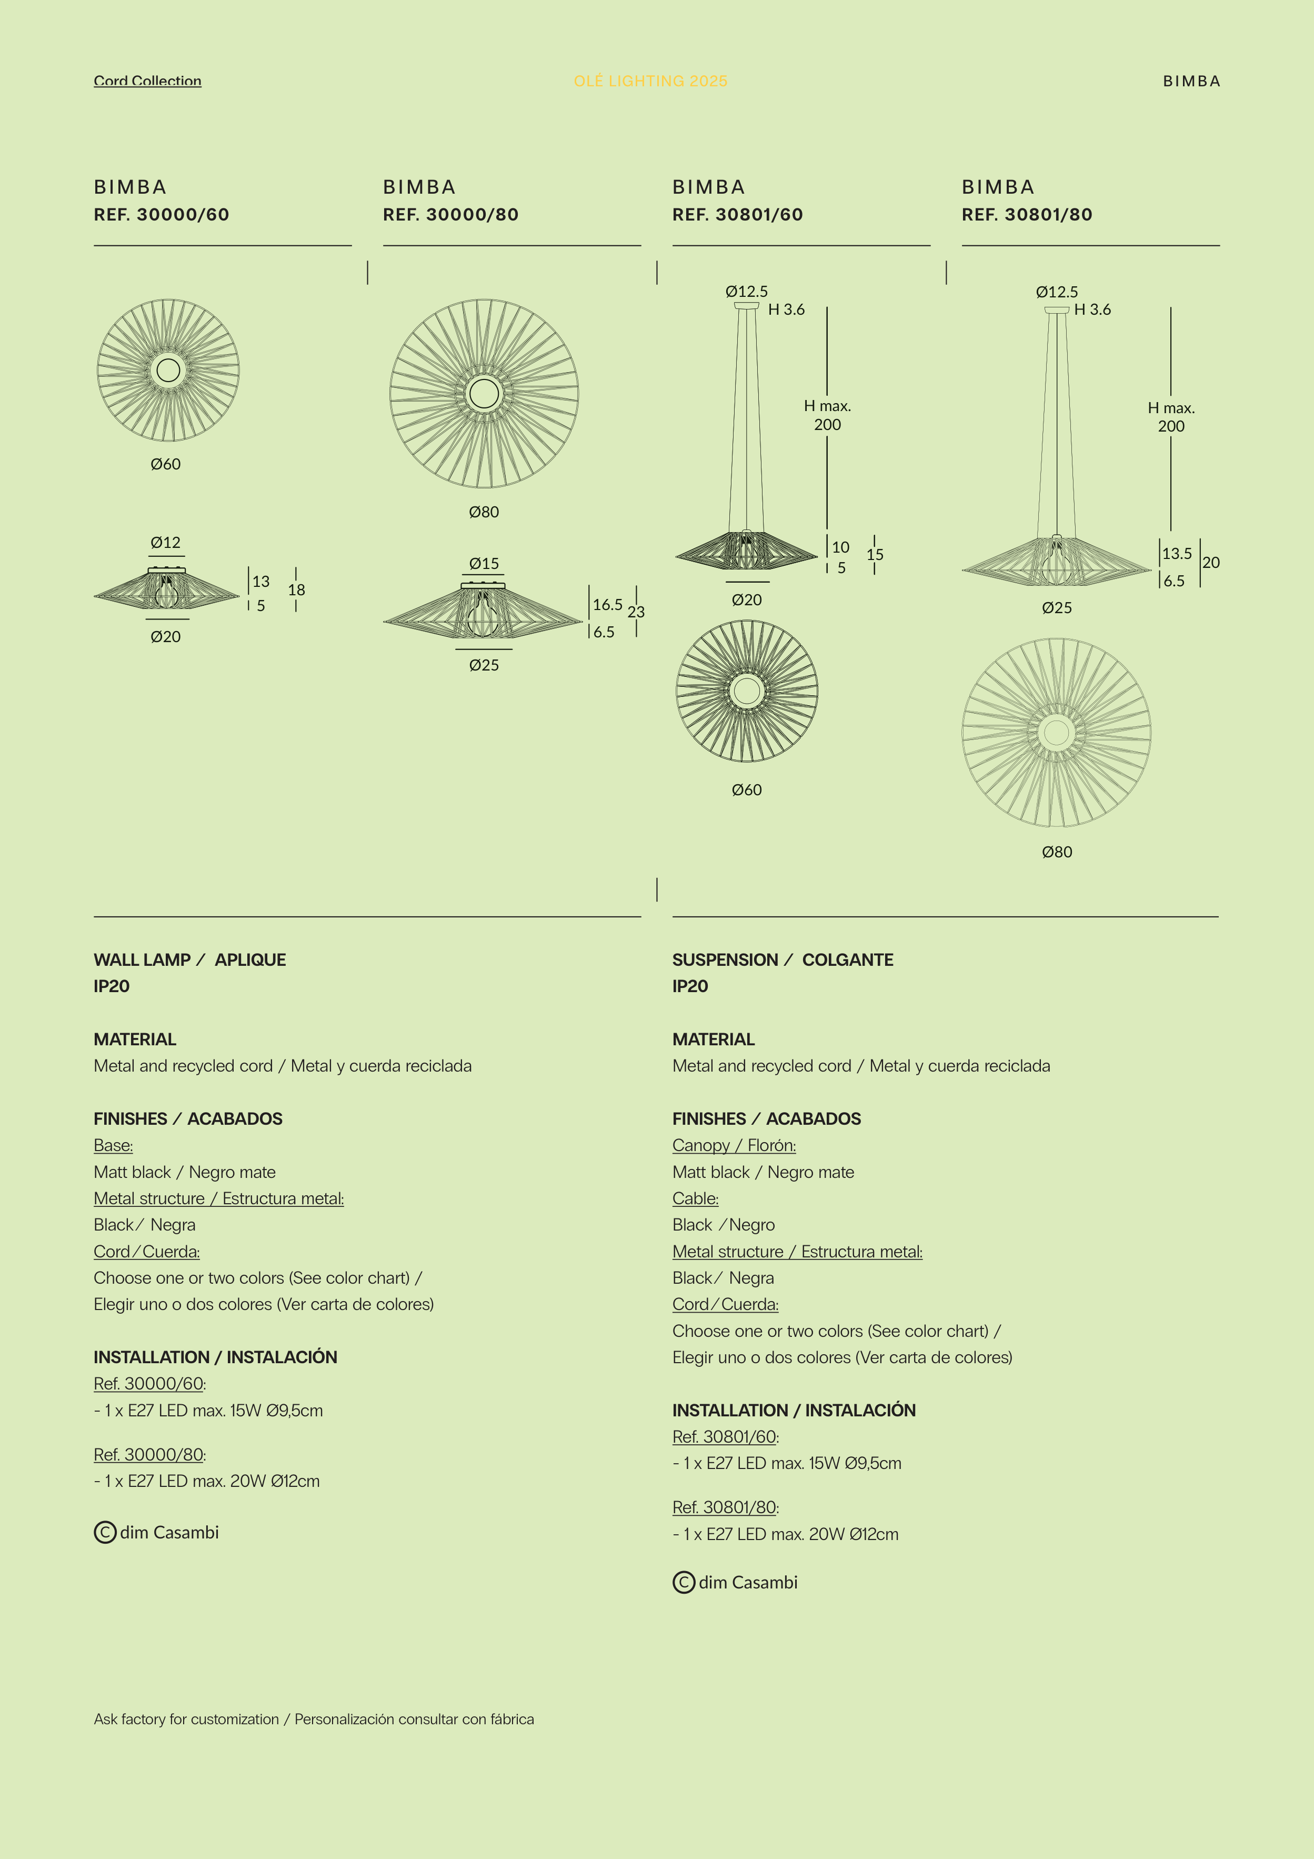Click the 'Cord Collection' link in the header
147,81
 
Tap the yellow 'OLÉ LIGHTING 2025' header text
650,81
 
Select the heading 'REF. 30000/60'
161,215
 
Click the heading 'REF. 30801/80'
1027,215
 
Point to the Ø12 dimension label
165,543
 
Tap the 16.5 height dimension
607,605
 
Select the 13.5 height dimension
1176,554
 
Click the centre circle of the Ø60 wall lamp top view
168,370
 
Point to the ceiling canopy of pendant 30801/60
747,306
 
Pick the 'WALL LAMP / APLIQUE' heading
189,960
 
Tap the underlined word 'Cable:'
695,1198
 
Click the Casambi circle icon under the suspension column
684,1582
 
